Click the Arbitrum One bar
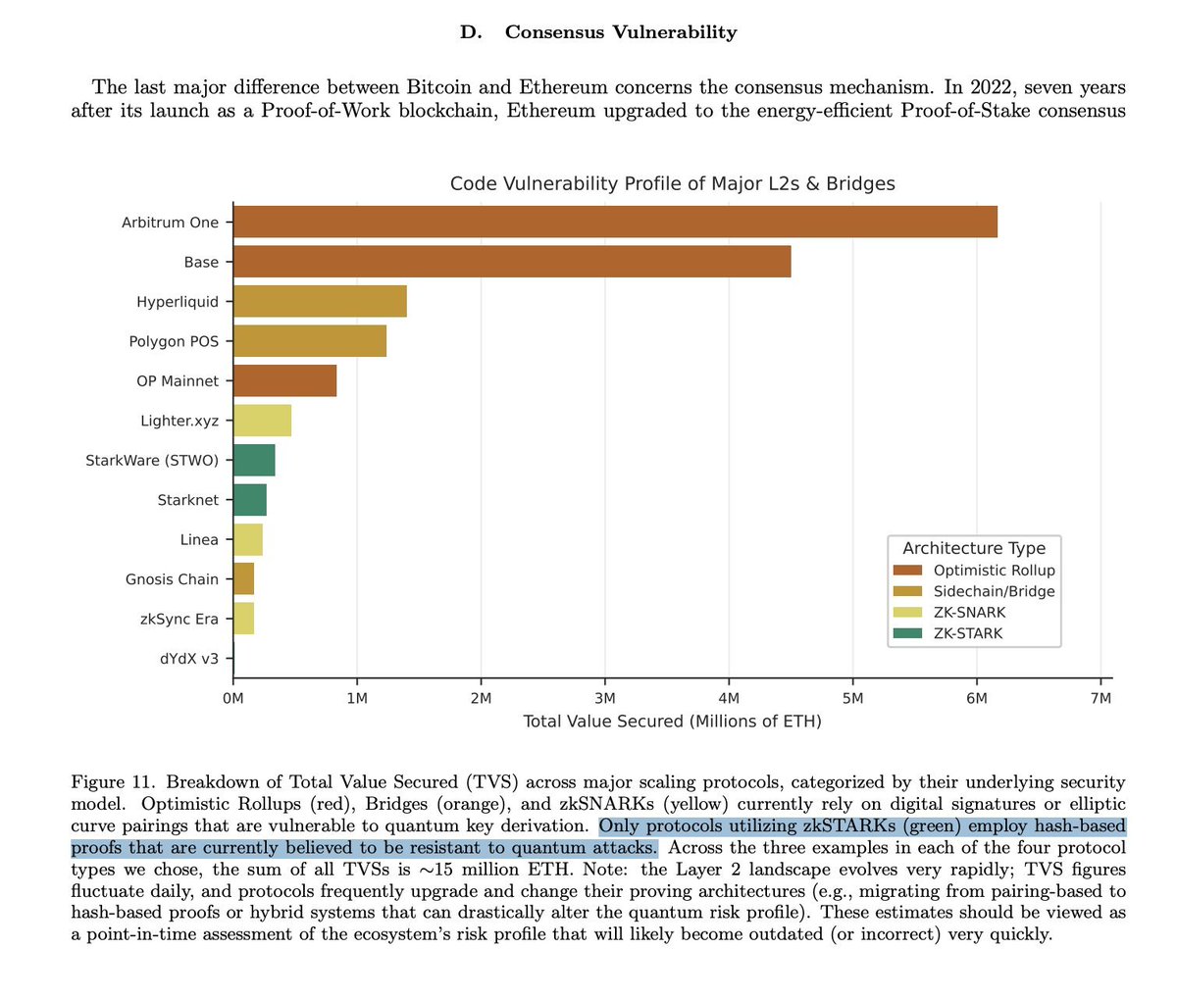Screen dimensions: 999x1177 (x=615, y=222)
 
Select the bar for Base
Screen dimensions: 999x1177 (x=512, y=262)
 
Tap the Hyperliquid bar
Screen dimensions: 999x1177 (x=320, y=301)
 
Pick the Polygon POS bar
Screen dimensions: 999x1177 (x=310, y=341)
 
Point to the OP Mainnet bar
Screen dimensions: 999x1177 (x=284, y=380)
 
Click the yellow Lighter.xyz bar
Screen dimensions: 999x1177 (x=262, y=420)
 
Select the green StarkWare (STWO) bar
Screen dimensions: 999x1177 (x=254, y=460)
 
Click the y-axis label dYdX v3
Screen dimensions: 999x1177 (x=189, y=659)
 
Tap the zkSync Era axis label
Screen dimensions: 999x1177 (x=179, y=619)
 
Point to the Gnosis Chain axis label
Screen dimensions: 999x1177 (x=173, y=579)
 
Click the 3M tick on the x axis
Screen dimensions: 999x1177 (x=605, y=698)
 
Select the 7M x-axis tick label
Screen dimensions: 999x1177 (x=1100, y=698)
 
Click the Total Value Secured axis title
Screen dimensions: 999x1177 (x=673, y=722)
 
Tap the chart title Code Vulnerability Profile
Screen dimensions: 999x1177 (x=672, y=183)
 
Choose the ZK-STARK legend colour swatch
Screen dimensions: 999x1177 (x=907, y=633)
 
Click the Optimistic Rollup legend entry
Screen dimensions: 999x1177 (x=994, y=571)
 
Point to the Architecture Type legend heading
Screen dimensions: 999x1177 (x=974, y=548)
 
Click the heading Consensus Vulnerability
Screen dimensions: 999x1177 (x=620, y=32)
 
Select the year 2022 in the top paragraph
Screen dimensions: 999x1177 (x=997, y=87)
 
